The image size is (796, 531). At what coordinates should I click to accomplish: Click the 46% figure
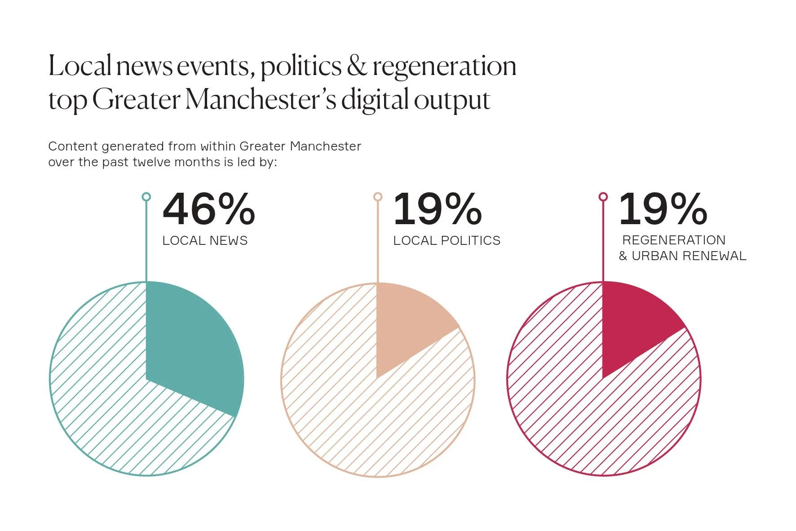click(208, 209)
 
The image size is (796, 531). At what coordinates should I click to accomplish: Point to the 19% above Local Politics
click(437, 209)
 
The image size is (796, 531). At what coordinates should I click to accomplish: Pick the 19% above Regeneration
click(663, 209)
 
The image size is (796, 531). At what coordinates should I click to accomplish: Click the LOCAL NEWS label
click(205, 241)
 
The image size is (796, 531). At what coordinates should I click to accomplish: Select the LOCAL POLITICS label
click(447, 241)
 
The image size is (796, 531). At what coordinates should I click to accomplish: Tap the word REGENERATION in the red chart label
click(673, 240)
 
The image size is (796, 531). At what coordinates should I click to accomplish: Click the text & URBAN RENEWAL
click(682, 256)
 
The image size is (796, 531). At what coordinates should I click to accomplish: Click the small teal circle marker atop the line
click(146, 197)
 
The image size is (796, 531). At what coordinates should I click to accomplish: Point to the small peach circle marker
click(378, 197)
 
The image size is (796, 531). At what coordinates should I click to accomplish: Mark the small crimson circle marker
click(603, 197)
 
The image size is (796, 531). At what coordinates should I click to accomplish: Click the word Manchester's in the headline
click(261, 100)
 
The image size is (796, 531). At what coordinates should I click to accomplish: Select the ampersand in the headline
click(357, 66)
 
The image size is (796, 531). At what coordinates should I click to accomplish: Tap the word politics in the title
click(301, 66)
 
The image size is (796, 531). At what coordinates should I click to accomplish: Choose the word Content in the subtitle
click(73, 146)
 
